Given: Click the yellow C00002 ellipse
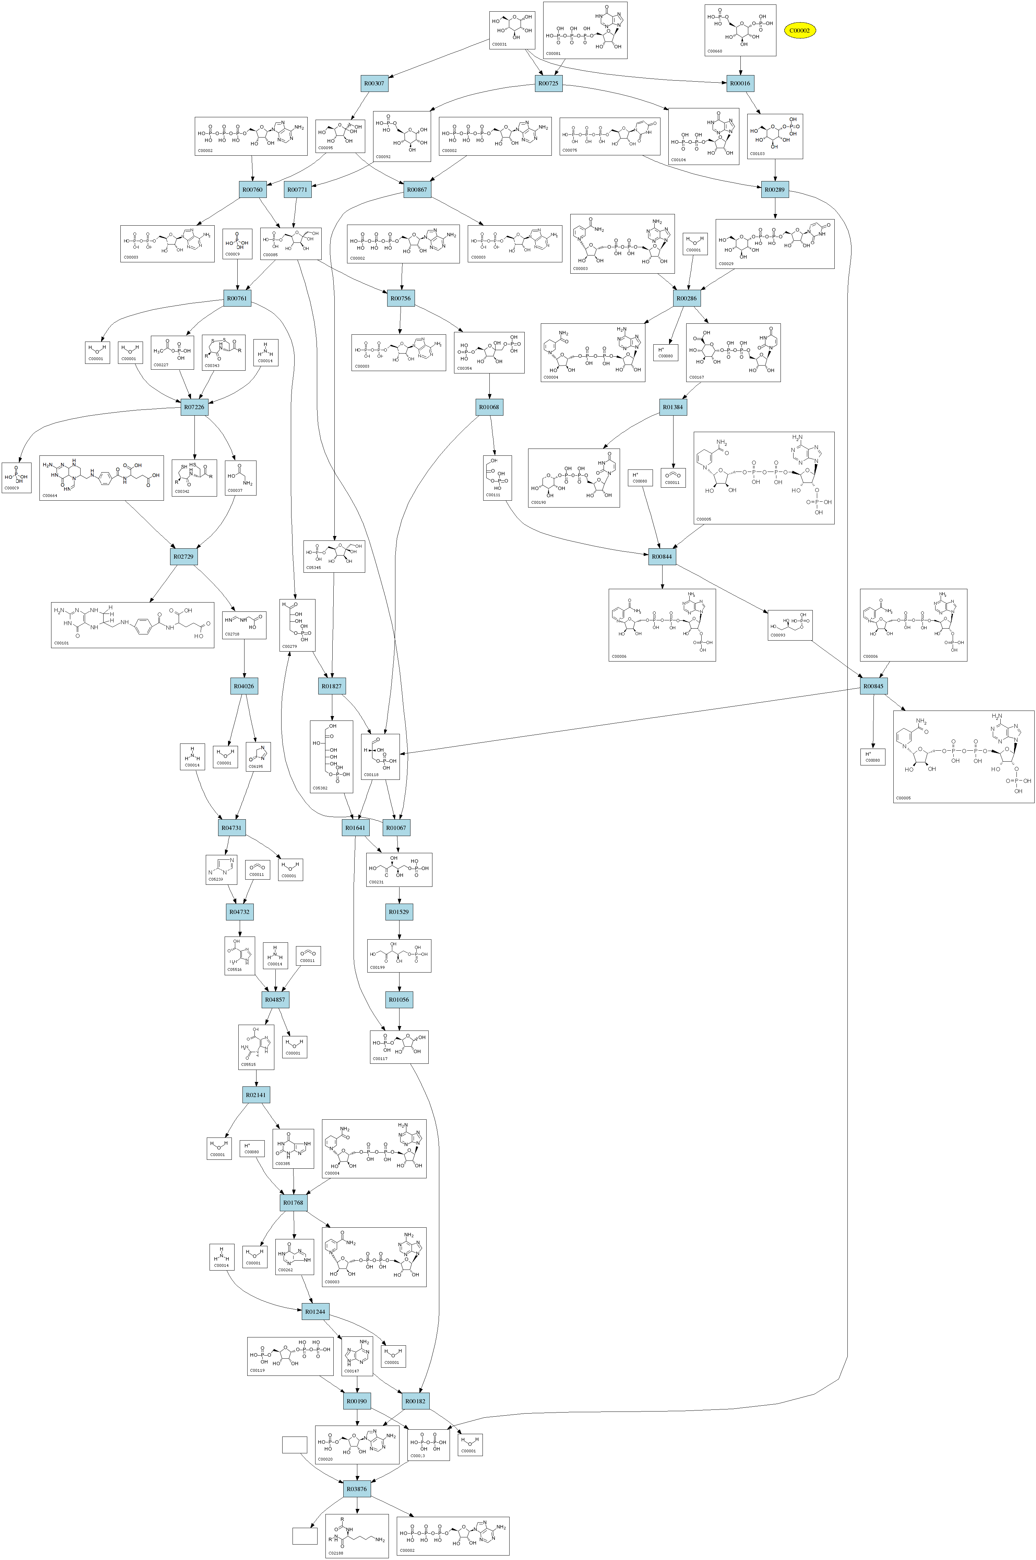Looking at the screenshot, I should [799, 31].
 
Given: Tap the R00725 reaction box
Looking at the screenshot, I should [548, 84].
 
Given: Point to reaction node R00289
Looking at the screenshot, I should [775, 190].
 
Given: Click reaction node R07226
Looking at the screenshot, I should [195, 408].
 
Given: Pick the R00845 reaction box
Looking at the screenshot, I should [873, 687].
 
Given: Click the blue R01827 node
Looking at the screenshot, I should [332, 687].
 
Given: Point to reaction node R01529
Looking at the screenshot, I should [399, 912].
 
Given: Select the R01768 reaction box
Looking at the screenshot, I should [293, 1203].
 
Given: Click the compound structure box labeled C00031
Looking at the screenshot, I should [512, 30].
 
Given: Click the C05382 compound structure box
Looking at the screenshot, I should [331, 757].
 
